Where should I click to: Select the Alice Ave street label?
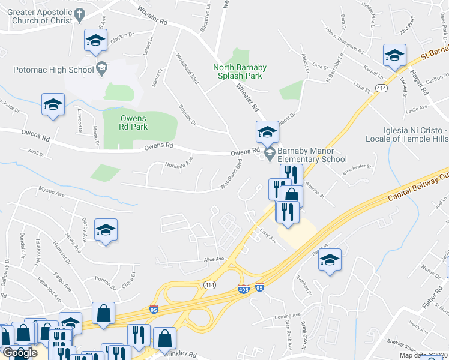(214, 259)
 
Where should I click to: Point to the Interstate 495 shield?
(243, 289)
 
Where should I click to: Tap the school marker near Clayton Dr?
(95, 41)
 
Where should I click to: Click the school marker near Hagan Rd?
(394, 56)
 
